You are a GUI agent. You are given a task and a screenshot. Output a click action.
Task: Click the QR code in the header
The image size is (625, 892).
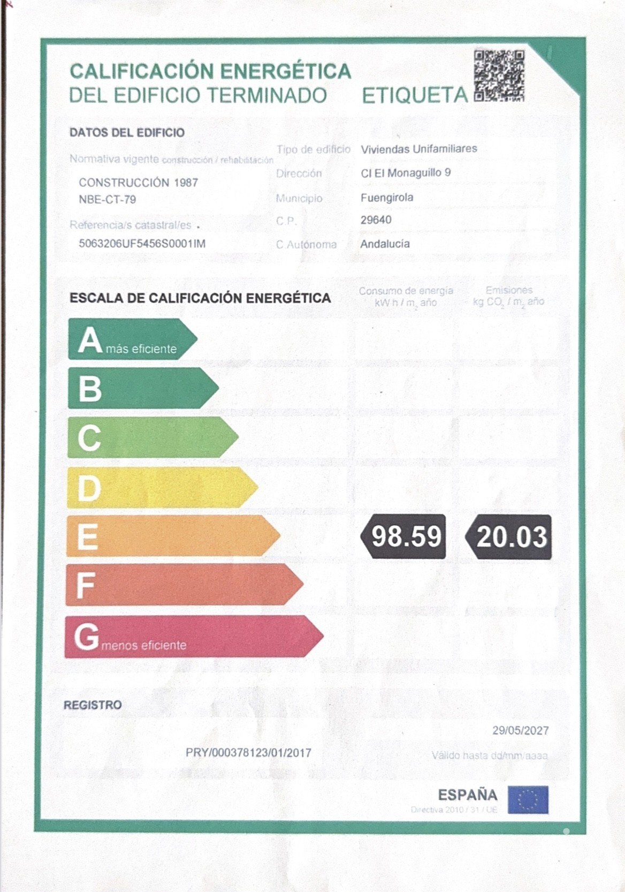point(499,75)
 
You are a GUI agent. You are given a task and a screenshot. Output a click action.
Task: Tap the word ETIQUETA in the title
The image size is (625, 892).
point(415,96)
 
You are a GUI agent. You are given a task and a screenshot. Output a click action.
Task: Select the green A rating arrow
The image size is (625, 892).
point(132,339)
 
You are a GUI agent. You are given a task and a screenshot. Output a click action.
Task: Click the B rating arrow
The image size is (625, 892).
point(142,388)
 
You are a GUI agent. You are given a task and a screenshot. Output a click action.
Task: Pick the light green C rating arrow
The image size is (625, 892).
point(152,437)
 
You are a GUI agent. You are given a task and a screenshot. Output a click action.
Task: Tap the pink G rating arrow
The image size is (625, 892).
point(193,637)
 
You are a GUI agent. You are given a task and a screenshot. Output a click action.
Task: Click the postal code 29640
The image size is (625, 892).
point(376,220)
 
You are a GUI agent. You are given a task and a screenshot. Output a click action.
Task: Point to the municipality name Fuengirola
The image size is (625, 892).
point(387,198)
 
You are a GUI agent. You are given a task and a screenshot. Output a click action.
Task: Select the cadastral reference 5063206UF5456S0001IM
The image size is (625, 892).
point(142,244)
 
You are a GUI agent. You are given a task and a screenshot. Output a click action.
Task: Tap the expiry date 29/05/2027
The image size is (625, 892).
point(521,730)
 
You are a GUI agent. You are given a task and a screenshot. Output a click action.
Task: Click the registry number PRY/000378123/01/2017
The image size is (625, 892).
point(248,753)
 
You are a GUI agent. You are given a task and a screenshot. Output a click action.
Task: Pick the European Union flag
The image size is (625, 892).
point(528,800)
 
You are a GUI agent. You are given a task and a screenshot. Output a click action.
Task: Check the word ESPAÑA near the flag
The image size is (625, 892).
point(468,795)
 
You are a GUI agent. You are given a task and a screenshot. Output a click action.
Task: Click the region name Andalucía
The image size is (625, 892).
point(385,244)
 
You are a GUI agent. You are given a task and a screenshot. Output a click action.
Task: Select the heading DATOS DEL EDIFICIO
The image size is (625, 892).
point(127,133)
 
